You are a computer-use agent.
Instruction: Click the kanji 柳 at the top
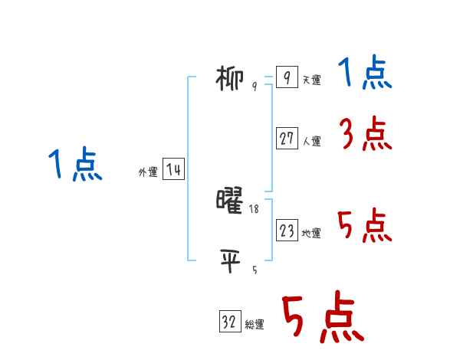(231, 79)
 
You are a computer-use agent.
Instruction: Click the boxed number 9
(286, 78)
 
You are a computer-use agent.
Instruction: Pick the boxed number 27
(287, 139)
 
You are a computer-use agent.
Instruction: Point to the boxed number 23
(287, 231)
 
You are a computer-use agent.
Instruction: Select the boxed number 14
(173, 170)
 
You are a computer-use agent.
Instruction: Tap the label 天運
(311, 80)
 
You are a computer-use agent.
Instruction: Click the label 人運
(311, 142)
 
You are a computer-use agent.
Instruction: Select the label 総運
(255, 326)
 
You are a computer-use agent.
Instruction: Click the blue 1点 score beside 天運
(364, 74)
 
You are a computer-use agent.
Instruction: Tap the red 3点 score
(365, 136)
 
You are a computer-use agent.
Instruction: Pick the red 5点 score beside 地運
(364, 226)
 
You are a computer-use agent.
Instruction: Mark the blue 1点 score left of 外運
(74, 165)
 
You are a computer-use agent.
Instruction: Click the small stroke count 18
(254, 208)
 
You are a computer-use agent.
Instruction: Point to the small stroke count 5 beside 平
(255, 270)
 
